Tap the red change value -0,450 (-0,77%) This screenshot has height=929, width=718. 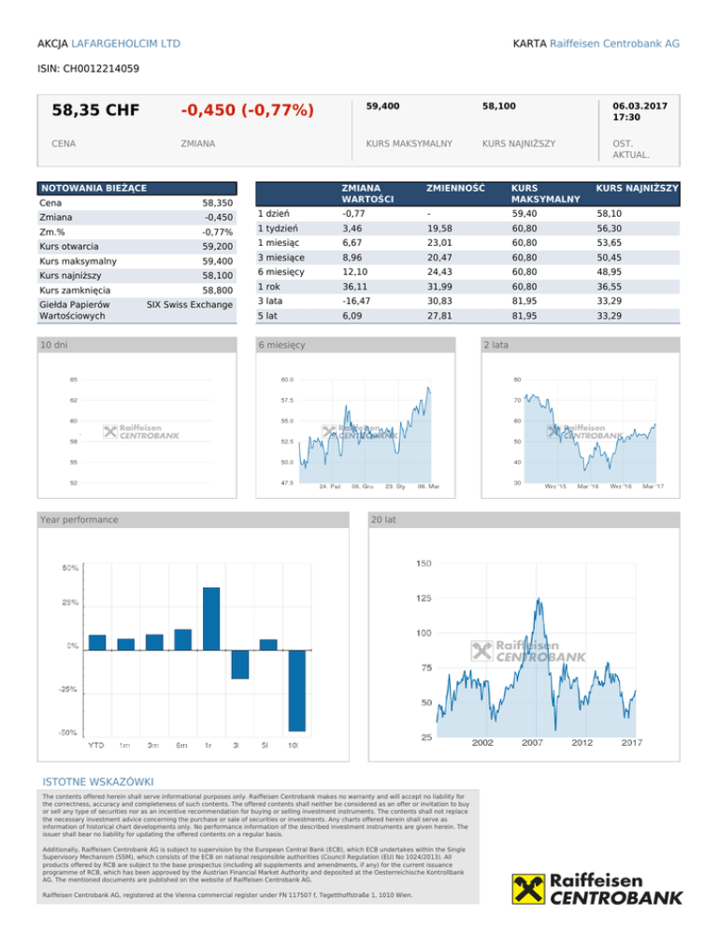coord(247,110)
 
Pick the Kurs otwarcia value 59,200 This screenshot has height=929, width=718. coord(217,247)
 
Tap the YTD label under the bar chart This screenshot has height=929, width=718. coord(96,745)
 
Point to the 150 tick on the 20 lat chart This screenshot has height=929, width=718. coord(424,564)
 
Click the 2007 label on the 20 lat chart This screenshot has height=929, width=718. coord(532,743)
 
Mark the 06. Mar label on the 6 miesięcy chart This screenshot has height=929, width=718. coord(429,487)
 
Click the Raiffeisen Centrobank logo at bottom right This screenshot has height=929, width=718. coord(597,889)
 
